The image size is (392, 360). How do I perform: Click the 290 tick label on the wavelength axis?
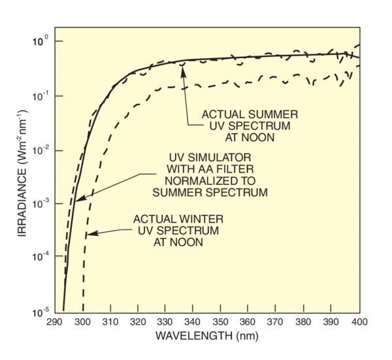[x=54, y=321]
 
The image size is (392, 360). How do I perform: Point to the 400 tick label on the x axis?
[x=359, y=321]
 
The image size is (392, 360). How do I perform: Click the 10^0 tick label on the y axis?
[x=41, y=42]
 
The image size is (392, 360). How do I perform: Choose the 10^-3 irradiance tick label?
[x=41, y=204]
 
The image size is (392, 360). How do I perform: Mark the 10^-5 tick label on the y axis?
[x=41, y=312]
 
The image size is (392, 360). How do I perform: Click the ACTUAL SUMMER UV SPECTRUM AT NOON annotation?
[x=240, y=124]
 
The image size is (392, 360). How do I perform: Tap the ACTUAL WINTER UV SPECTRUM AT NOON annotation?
[x=176, y=230]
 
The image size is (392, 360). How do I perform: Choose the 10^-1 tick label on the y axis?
[x=41, y=96]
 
